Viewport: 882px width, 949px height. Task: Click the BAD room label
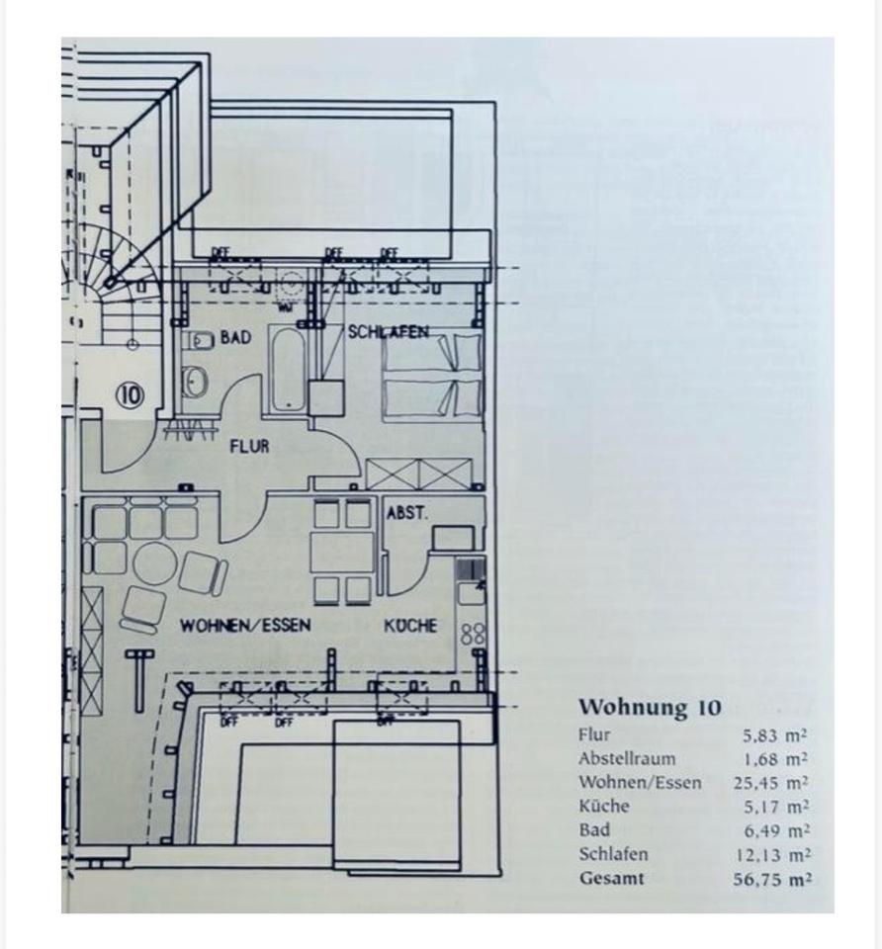235,338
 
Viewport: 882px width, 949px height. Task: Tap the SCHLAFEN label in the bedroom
388,332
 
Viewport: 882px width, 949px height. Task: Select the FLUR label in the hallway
249,447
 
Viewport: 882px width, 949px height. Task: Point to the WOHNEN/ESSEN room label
245,626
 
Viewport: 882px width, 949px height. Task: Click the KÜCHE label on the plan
410,626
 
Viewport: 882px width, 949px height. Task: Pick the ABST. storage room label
406,513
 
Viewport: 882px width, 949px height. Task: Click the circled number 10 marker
130,395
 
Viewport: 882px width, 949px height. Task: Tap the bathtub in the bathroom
288,369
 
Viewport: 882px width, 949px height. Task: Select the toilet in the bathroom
196,380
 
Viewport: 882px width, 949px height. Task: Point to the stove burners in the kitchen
473,634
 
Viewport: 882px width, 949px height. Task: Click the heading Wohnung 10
650,708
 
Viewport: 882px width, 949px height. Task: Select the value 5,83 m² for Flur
775,735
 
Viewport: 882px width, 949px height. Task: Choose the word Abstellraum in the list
627,759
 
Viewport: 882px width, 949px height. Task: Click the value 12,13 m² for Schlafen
770,855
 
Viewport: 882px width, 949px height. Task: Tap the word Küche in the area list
603,807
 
